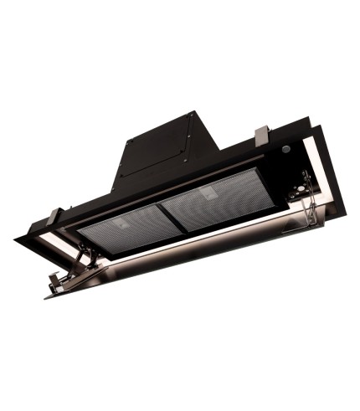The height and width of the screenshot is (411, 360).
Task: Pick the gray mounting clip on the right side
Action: pos(262,133)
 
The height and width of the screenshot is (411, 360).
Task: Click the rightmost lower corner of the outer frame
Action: pos(323,223)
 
